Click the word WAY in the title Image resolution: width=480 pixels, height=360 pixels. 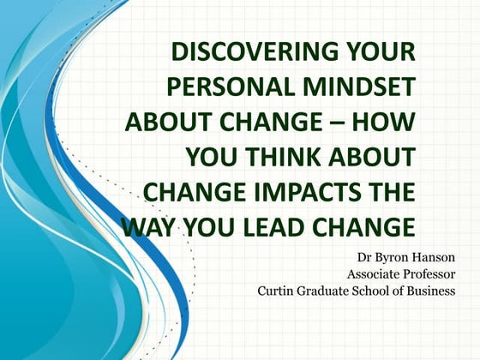coord(151,227)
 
